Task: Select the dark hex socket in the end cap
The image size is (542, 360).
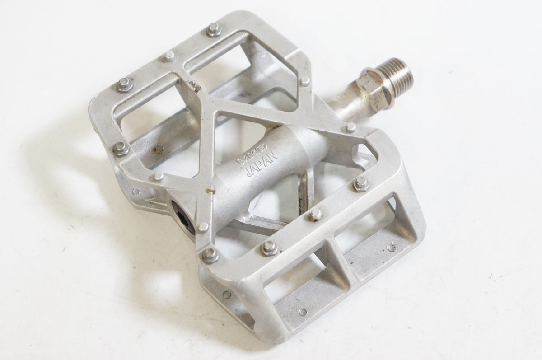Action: point(185,216)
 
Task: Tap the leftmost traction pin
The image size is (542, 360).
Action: point(120,147)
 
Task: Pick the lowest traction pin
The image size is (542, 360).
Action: point(210,254)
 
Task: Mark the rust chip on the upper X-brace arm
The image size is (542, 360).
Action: point(195,87)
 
